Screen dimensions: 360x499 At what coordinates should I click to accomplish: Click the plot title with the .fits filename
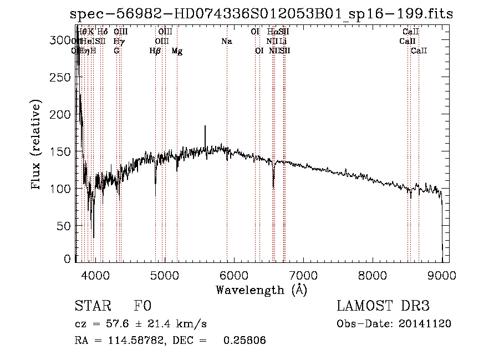coord(262,14)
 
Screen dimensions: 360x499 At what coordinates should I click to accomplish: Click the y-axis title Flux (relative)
coord(37,145)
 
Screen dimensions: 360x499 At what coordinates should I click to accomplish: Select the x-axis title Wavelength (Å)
coord(261,290)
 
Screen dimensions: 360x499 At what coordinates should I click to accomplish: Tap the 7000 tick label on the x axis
coord(303,275)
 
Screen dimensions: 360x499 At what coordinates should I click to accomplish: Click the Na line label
coord(226,42)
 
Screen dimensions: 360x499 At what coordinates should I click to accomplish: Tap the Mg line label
coord(177,51)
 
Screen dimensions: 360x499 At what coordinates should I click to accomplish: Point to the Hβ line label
coord(155,51)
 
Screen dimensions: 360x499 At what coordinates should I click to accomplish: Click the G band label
coord(116,51)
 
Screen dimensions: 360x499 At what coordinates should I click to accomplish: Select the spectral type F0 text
coord(142,307)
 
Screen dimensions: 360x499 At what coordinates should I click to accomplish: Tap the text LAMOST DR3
coord(383,307)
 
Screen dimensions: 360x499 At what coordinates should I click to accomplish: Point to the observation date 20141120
coord(424,324)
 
